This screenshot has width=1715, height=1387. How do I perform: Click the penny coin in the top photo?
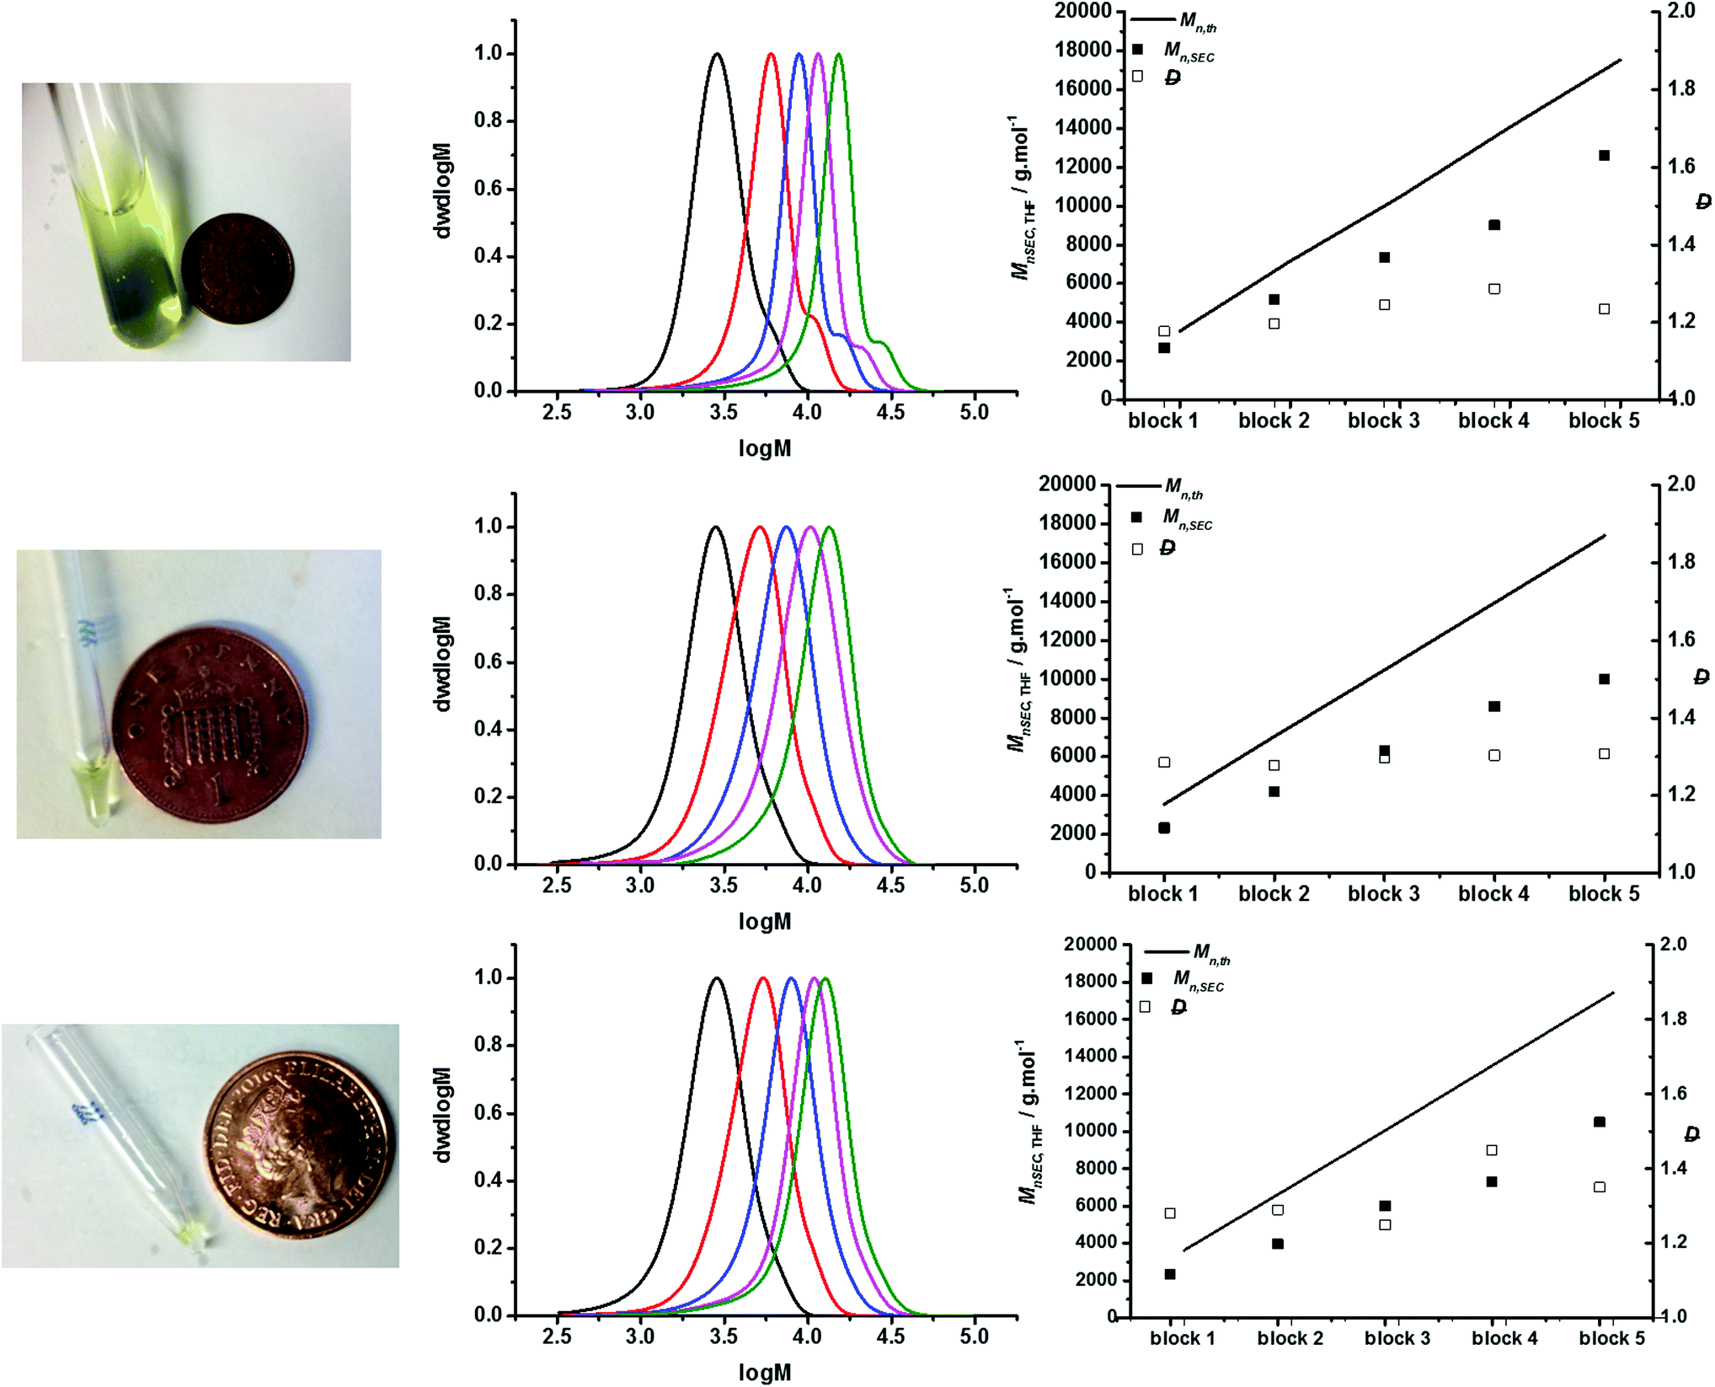click(238, 268)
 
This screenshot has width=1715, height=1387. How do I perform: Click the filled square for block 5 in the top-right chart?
click(1604, 156)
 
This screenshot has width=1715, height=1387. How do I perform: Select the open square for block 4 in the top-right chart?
click(1494, 289)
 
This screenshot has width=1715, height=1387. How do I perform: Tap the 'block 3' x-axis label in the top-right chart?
click(1383, 420)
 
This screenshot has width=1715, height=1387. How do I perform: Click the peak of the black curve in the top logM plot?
click(717, 55)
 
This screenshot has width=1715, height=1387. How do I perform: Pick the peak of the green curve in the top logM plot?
click(838, 55)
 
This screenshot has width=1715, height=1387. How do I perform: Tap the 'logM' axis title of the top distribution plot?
click(765, 448)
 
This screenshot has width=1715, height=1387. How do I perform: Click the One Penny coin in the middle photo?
click(211, 726)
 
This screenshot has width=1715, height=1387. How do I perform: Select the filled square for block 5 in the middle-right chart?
click(1604, 679)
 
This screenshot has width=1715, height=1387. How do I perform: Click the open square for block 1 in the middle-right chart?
click(1164, 763)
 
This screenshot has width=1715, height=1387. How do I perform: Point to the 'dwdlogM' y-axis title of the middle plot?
click(443, 664)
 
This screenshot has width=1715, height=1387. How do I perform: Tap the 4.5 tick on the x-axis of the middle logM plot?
click(890, 886)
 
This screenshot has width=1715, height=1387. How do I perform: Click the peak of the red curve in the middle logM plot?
click(760, 527)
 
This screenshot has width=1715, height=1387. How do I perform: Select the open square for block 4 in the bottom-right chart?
click(1492, 1150)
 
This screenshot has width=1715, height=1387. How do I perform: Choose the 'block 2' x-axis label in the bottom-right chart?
click(1290, 1338)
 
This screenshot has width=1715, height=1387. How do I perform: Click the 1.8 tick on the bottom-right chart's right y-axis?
click(1674, 1019)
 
